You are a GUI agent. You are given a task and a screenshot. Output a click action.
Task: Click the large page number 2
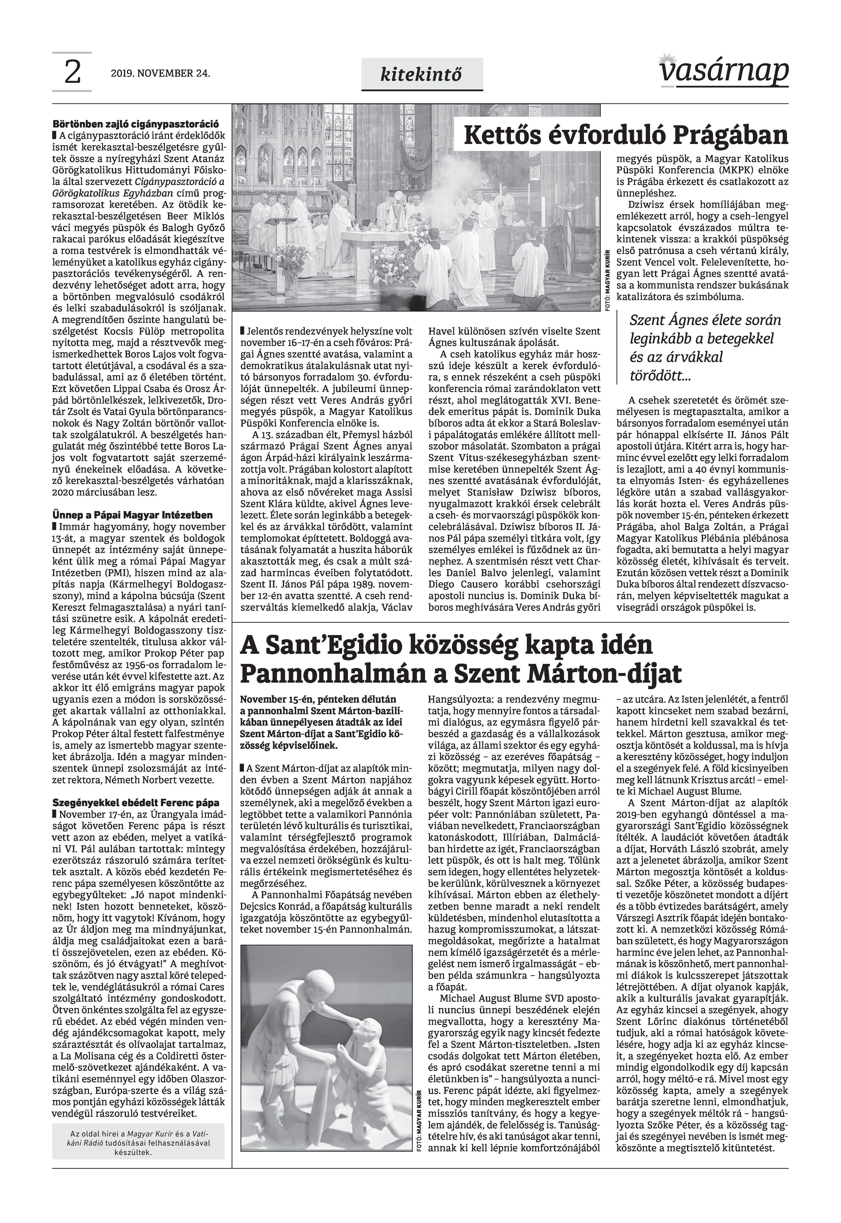[72, 73]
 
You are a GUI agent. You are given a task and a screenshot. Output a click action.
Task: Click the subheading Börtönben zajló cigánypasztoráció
[136, 125]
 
